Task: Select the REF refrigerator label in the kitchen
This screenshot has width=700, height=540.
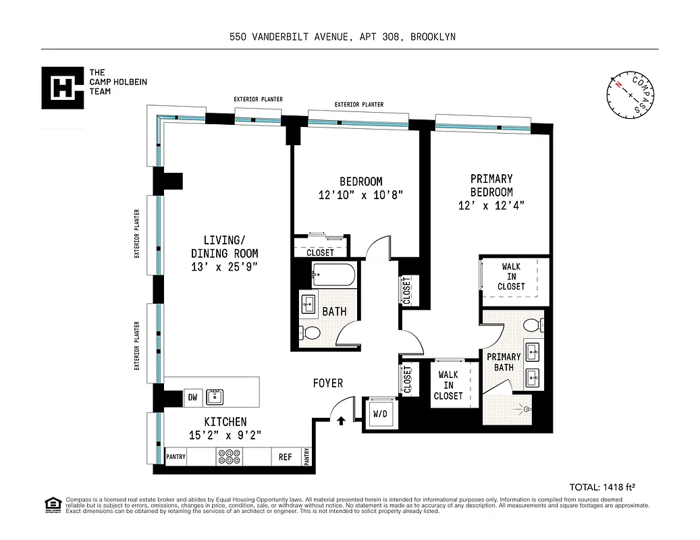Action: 286,457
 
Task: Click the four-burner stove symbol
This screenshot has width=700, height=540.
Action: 230,457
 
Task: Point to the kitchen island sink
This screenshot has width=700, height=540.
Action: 215,397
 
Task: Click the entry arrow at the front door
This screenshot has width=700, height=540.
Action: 341,421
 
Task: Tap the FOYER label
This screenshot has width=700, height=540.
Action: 327,383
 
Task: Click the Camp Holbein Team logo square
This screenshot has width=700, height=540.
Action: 62,87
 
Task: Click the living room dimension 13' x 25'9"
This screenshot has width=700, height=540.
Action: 223,267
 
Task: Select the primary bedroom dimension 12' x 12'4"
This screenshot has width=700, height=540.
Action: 491,205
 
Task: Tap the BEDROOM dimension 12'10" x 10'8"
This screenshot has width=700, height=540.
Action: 360,195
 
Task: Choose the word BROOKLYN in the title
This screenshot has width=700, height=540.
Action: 432,37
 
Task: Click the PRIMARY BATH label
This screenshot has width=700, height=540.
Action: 504,362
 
